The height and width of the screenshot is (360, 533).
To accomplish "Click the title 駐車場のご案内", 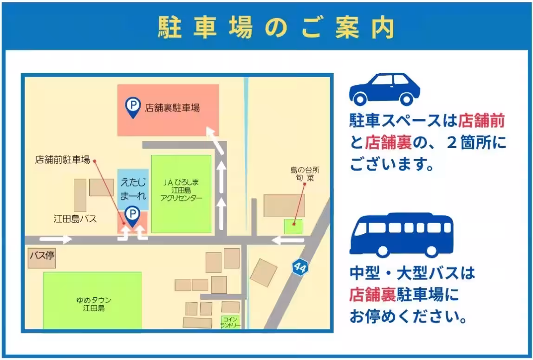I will [276, 27].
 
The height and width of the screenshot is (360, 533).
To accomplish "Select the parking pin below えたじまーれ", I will [133, 216].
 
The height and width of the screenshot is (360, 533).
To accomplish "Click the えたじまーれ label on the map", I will [133, 189].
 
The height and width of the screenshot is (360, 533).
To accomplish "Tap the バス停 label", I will [42, 256].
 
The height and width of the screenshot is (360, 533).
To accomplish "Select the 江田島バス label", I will [75, 219].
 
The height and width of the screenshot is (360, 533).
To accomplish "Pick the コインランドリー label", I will [230, 322].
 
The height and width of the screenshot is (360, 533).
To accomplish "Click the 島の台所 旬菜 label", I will [305, 174].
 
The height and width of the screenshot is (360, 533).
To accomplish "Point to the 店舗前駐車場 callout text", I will [62, 160].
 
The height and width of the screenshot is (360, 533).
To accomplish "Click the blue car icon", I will [384, 89].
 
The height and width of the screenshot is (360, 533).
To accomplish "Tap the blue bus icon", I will [401, 234].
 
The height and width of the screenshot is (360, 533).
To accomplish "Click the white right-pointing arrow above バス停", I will [56, 239].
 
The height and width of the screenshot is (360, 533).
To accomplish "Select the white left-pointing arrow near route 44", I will [288, 240].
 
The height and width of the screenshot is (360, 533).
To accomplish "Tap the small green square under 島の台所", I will [293, 226].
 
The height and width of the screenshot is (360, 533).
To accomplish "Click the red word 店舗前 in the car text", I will [481, 121].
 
